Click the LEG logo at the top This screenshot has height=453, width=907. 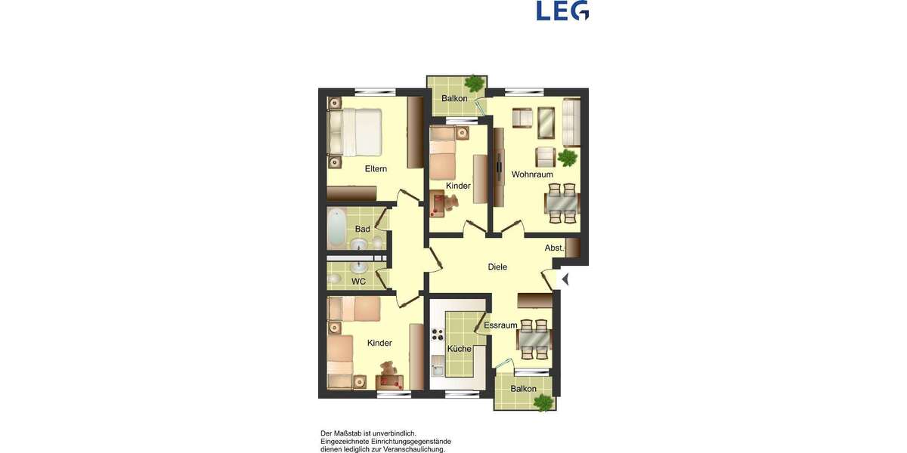tap(562, 11)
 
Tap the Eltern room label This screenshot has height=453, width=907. tap(376, 168)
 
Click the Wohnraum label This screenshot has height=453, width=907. tap(532, 174)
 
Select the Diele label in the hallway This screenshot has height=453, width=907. tap(497, 267)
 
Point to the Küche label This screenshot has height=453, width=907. tap(459, 349)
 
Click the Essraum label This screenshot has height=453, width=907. tap(500, 325)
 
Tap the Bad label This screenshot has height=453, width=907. tap(363, 229)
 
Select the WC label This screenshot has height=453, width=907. tap(359, 282)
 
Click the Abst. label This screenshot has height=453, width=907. tap(555, 248)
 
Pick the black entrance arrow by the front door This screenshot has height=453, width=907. tap(564, 279)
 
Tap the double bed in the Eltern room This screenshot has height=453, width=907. tap(354, 132)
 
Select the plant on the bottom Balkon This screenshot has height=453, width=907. tap(542, 402)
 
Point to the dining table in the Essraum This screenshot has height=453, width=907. tap(534, 339)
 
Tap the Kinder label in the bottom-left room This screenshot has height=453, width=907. tap(379, 343)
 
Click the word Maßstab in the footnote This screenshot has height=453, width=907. tap(352, 433)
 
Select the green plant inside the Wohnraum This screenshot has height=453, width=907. tap(567, 157)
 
